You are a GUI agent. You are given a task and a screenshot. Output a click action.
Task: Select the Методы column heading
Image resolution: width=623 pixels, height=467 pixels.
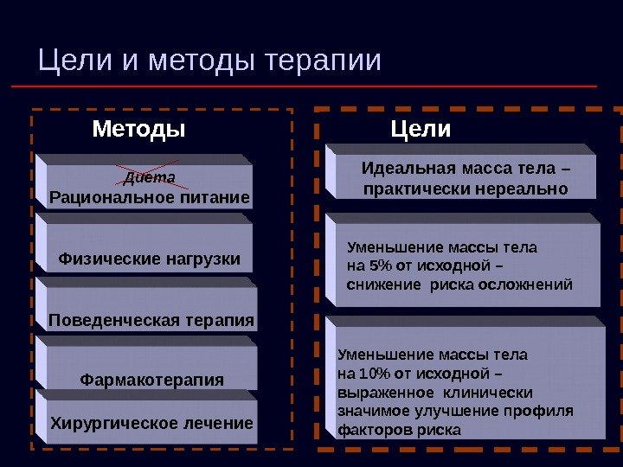click(139, 130)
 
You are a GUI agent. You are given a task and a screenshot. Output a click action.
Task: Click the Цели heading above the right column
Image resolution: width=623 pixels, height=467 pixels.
click(421, 130)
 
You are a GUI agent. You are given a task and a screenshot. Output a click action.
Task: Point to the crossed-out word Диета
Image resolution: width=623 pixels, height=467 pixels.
click(150, 177)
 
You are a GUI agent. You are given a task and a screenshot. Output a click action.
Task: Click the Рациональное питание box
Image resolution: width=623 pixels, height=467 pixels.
click(150, 198)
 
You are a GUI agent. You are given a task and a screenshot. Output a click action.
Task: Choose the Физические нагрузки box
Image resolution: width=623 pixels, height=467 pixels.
click(149, 259)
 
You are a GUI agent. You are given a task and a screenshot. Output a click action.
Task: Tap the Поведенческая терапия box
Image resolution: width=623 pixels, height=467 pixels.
click(151, 321)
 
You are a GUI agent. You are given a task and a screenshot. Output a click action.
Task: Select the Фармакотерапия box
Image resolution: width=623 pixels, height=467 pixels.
click(151, 380)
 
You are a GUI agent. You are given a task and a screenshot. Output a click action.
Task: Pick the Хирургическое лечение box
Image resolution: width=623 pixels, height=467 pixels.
click(151, 423)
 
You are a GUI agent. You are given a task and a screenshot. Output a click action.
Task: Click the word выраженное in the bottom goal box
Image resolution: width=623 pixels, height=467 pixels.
click(378, 392)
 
